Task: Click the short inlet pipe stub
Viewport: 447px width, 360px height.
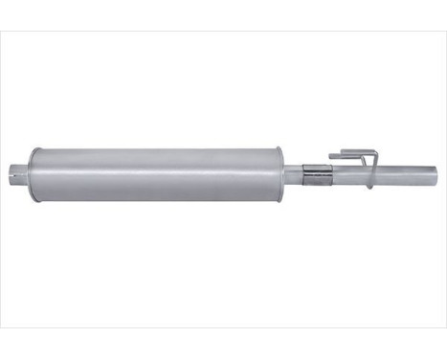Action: click(x=20, y=174)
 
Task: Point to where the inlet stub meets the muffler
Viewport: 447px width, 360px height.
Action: click(x=28, y=174)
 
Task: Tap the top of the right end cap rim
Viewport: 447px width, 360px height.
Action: click(x=277, y=149)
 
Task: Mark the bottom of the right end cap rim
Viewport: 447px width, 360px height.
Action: click(x=277, y=199)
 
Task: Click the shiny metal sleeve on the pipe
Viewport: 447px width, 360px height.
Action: click(x=316, y=174)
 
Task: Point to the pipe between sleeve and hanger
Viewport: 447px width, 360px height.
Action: click(x=345, y=174)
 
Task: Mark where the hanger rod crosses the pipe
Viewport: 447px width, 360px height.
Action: click(x=370, y=173)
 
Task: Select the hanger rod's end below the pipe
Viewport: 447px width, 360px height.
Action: click(x=369, y=189)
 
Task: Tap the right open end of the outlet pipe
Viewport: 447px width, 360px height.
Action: click(x=436, y=173)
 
